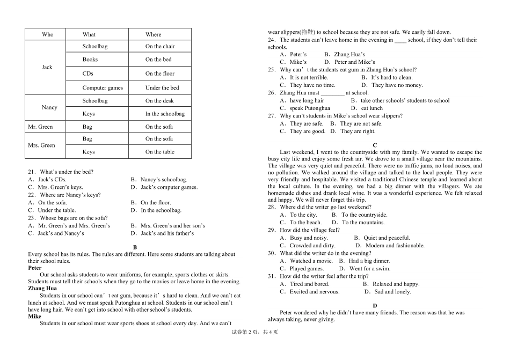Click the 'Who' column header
(x=48, y=34)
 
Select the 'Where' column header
(x=153, y=34)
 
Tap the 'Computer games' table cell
(x=103, y=88)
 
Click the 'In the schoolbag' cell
(x=165, y=114)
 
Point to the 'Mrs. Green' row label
(x=41, y=145)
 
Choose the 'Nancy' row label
(x=49, y=107)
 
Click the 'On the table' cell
(x=160, y=152)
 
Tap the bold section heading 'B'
(x=135, y=247)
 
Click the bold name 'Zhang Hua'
(x=42, y=288)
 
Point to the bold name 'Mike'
(x=34, y=317)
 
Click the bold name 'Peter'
(x=35, y=268)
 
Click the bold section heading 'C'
(x=375, y=145)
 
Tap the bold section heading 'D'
(x=375, y=305)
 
